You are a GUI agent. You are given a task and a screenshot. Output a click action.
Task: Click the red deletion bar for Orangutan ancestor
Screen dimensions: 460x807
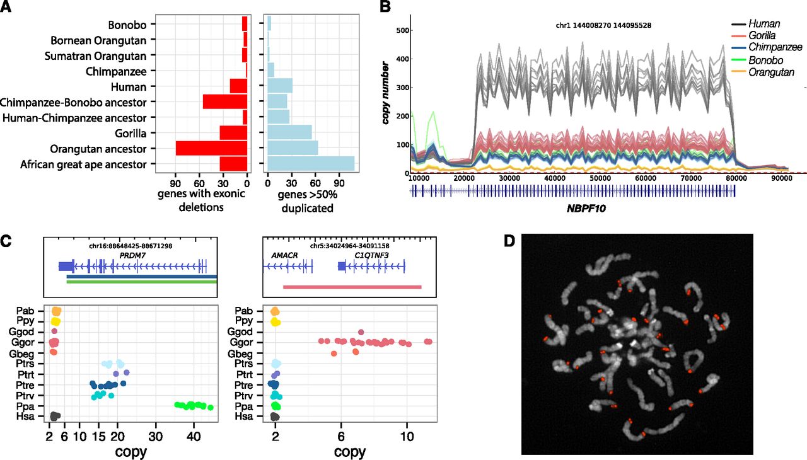click(x=211, y=148)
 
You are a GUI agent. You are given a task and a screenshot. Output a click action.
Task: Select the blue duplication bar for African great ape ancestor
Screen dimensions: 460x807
click(x=311, y=164)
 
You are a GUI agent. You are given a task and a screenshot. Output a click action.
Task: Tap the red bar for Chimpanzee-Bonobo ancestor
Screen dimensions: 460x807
click(x=224, y=102)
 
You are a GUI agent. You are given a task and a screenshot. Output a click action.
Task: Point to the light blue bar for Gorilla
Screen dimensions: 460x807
click(x=289, y=132)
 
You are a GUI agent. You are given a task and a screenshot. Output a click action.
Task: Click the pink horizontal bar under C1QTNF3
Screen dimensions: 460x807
click(x=352, y=287)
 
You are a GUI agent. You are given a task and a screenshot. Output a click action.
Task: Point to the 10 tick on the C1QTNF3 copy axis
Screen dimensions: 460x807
click(x=407, y=436)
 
